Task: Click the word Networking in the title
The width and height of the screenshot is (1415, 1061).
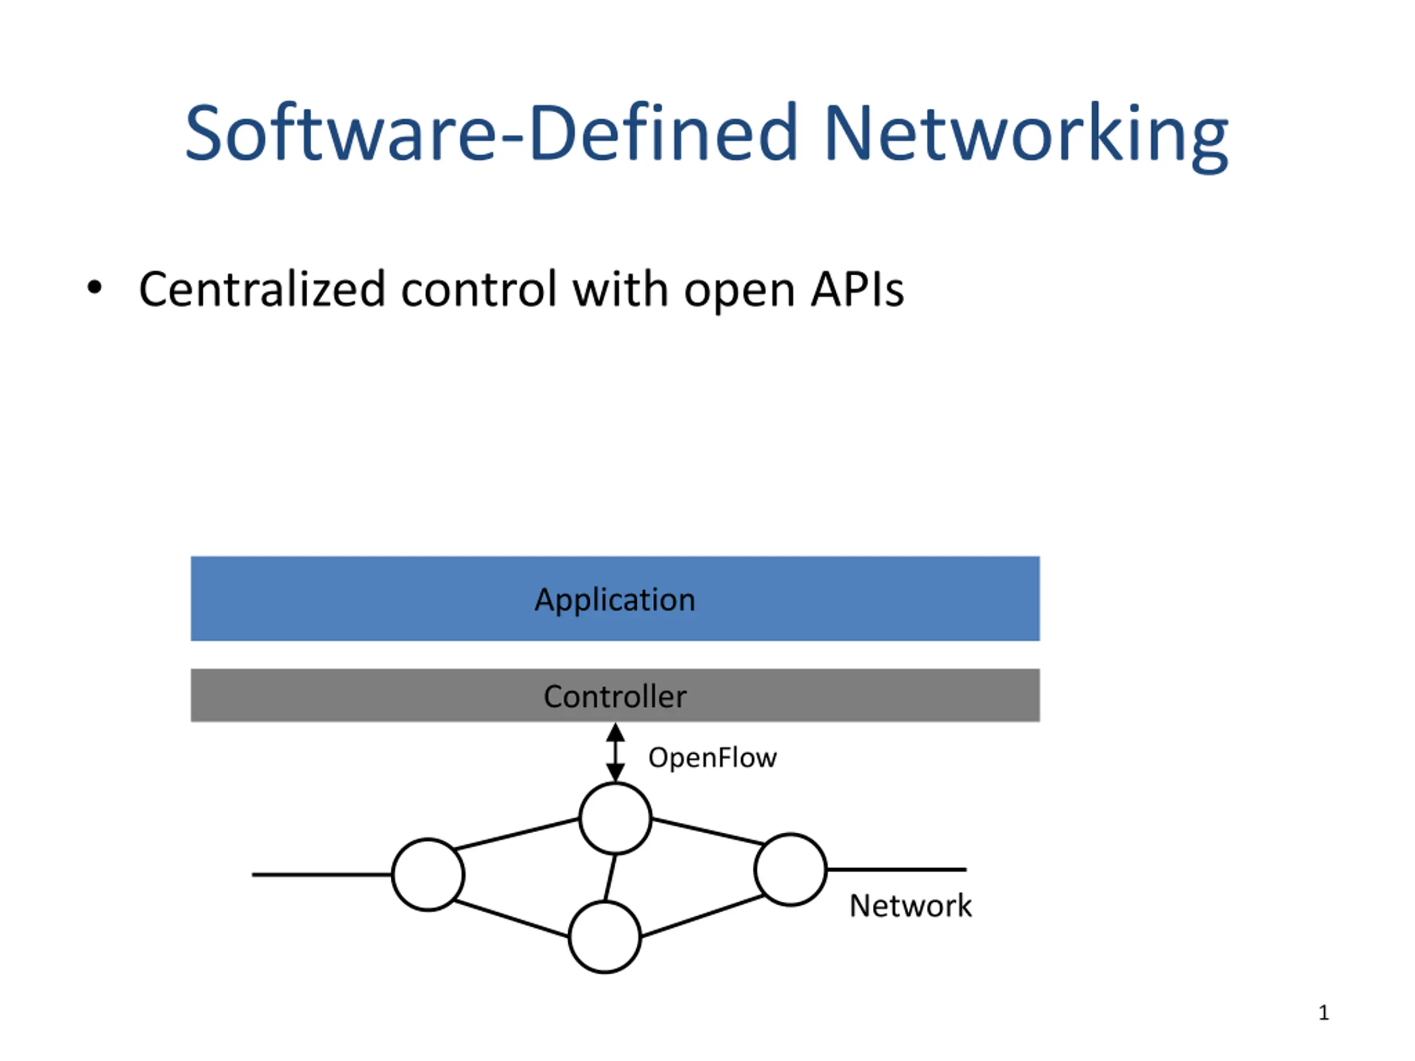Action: coord(1026,136)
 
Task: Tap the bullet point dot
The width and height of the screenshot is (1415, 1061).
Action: coord(94,288)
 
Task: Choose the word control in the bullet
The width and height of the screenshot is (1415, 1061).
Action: coord(479,290)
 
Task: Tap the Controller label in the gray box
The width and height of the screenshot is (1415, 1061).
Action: coord(615,696)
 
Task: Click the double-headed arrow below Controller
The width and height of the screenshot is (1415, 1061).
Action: coord(615,753)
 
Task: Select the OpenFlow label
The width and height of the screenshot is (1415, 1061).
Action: coord(712,757)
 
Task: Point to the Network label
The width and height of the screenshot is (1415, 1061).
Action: coord(910,906)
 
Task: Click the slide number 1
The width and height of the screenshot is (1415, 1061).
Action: coord(1324,1012)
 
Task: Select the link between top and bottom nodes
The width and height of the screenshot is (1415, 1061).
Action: coord(610,878)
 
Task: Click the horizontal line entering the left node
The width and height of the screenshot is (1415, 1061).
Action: coord(322,874)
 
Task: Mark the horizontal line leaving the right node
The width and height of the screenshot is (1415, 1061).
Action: coord(896,869)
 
